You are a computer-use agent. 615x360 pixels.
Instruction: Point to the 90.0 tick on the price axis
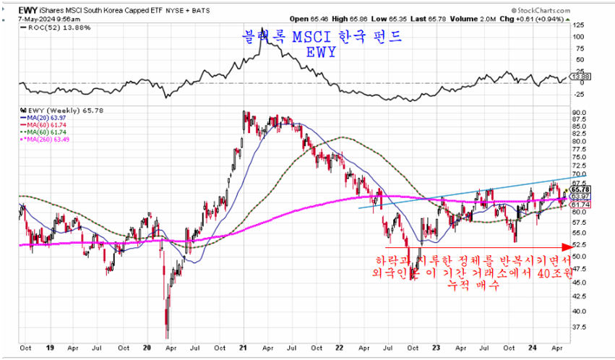(578, 113)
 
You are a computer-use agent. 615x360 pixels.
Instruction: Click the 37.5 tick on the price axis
(578, 326)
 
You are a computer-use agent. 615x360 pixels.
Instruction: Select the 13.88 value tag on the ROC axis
(580, 76)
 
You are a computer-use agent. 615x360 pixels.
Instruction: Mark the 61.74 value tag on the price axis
(580, 205)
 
